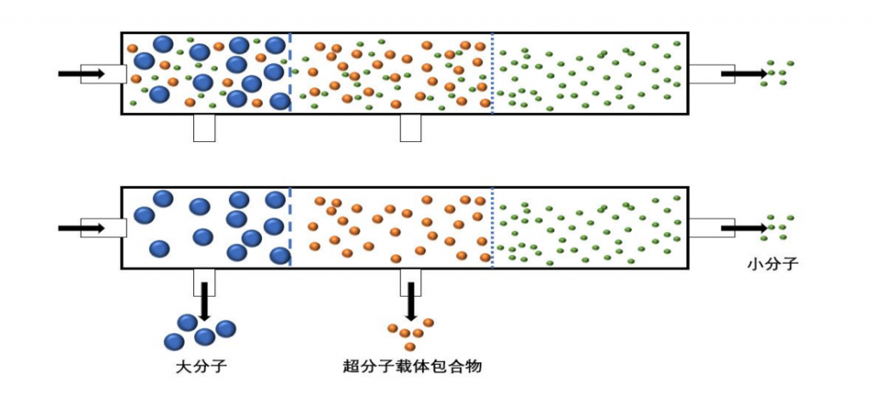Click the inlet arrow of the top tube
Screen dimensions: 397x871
(81, 74)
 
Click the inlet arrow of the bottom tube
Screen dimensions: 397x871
(81, 228)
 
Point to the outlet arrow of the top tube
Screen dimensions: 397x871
(743, 74)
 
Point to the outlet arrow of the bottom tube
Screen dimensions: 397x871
(743, 228)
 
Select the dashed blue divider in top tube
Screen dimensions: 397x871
(291, 73)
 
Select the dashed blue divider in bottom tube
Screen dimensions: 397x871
(291, 227)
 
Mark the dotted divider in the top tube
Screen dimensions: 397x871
(492, 73)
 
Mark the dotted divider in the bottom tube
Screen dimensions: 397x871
(492, 227)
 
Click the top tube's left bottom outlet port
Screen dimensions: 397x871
(204, 128)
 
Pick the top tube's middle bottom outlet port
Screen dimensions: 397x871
(412, 128)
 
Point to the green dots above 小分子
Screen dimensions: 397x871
(777, 226)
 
